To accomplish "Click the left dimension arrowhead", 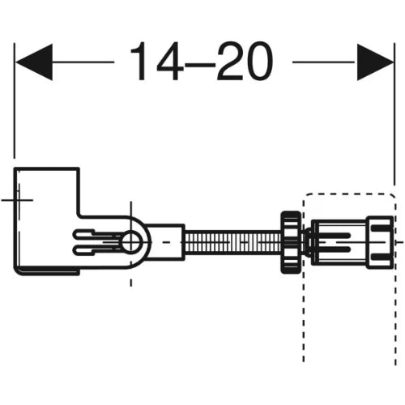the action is click(34, 62).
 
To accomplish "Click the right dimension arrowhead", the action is click(375, 62).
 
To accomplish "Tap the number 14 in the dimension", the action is click(155, 61).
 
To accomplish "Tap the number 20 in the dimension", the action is click(245, 61).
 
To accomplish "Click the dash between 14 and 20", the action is click(198, 65).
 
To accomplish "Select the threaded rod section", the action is click(232, 242).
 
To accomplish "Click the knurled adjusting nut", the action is click(291, 242).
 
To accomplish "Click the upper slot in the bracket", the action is click(97, 234).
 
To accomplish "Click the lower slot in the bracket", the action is click(97, 250).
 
